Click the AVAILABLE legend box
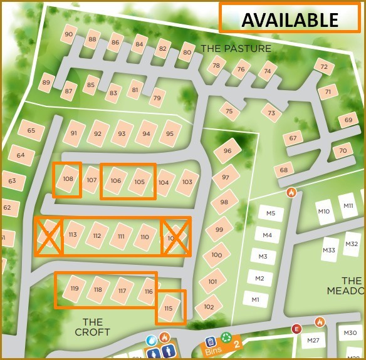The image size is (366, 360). point(290,18)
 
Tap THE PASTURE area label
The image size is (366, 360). point(236,48)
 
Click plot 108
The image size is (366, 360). point(68,180)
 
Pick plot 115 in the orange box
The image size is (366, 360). point(169,309)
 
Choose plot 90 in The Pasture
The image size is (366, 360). point(68,34)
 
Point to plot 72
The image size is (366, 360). point(323,67)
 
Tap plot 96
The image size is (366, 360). point(227,151)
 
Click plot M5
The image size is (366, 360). point(271,213)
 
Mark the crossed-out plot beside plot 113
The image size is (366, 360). point(48,236)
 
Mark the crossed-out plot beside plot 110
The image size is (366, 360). point(175,237)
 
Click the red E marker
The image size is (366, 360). point(296,329)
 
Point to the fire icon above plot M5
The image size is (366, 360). point(291,193)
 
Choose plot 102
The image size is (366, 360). point(209,307)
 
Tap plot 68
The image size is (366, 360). point(284,170)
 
